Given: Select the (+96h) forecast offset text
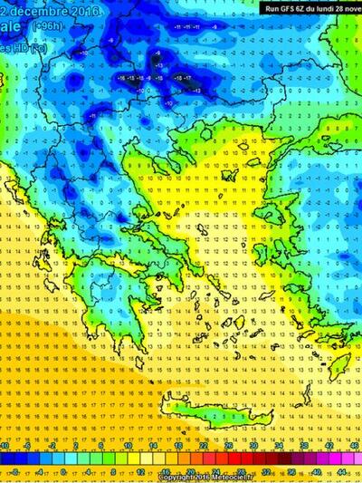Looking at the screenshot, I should [46, 28].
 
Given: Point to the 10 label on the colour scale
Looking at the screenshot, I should [130, 447].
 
